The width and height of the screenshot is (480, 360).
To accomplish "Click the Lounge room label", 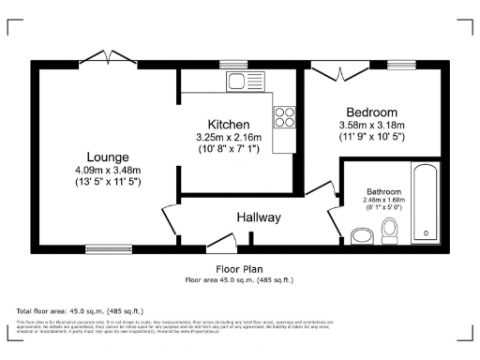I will tap(109, 157).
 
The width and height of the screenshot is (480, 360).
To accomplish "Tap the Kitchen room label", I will tap(229, 125).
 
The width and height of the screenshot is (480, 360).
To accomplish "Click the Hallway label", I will tap(259, 217).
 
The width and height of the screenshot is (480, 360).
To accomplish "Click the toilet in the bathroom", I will tap(391, 232).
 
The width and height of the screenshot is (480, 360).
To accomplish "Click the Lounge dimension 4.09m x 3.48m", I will tap(109, 170).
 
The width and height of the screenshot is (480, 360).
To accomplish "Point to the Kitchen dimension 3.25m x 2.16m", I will tap(229, 138).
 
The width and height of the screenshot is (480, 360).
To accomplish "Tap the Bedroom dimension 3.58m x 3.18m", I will tap(371, 125).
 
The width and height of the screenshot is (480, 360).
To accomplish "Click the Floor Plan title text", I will tap(240, 268).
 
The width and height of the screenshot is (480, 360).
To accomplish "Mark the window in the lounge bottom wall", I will tap(100, 249).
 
